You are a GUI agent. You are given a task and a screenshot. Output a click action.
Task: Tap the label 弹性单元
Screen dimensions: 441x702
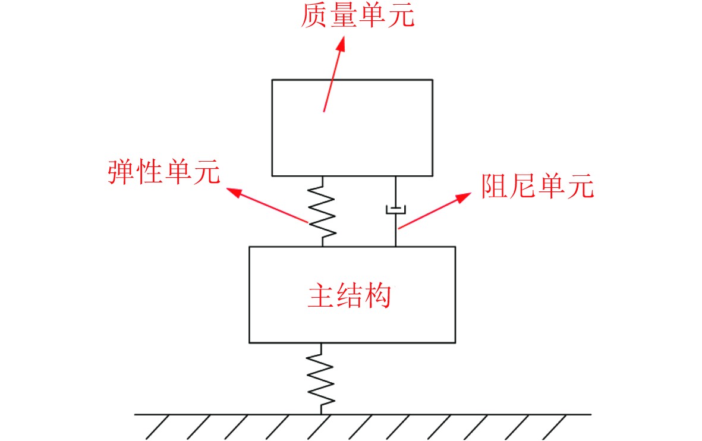(x=163, y=172)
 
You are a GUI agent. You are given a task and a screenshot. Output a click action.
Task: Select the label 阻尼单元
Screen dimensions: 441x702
(x=537, y=186)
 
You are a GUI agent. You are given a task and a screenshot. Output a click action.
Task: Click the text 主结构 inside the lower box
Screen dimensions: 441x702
(x=350, y=295)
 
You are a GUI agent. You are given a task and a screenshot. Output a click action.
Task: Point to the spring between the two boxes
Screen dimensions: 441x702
(x=323, y=212)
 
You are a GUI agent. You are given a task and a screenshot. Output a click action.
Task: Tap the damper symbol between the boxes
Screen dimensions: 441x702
(x=395, y=209)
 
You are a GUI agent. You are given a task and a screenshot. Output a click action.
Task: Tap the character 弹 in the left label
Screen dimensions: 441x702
(x=121, y=172)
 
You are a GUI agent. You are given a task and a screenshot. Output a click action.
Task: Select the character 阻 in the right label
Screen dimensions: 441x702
(x=495, y=186)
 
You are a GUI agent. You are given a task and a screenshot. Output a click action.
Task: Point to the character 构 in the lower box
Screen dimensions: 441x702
(x=378, y=295)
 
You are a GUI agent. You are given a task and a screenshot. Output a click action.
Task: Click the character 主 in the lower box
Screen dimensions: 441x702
(x=322, y=295)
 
